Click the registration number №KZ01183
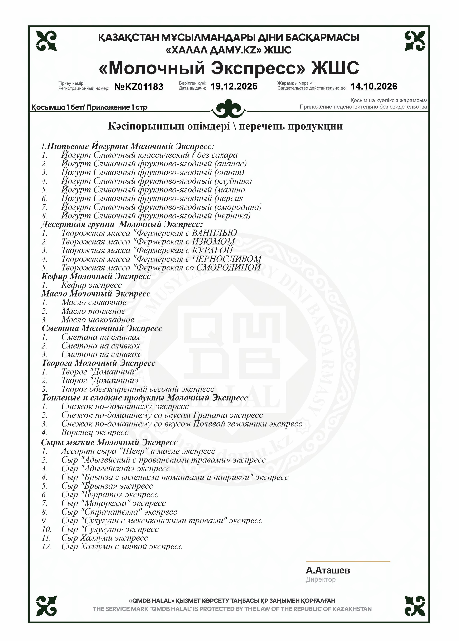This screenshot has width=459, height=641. coord(139,87)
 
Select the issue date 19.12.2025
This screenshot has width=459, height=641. coord(234,86)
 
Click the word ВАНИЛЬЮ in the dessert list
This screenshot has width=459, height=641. coord(214,233)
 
